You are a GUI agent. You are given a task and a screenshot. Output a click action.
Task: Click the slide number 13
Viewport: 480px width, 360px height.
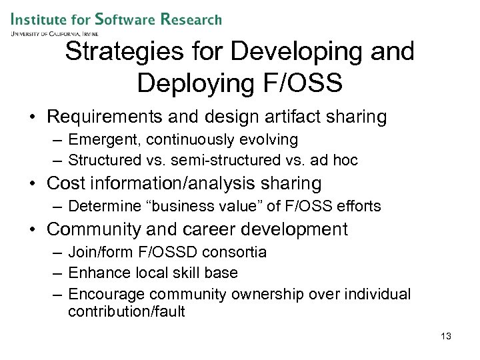click(x=446, y=336)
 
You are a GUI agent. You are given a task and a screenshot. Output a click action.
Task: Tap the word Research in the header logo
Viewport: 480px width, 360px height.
click(x=191, y=19)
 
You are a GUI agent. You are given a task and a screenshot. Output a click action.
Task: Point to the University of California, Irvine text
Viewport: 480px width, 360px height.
click(x=54, y=33)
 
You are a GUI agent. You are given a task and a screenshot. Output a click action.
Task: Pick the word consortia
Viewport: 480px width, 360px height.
click(x=237, y=253)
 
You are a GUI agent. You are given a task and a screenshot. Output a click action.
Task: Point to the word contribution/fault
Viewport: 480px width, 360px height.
click(x=126, y=311)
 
